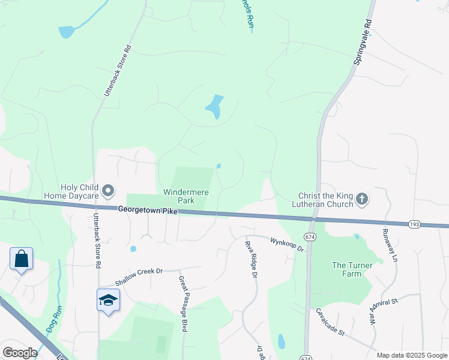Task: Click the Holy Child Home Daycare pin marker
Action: pos(108,191)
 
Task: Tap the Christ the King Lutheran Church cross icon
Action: pos(362,199)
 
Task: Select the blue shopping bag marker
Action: pos(21,259)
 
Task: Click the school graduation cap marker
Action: pos(108,300)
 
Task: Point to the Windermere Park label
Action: pos(187,196)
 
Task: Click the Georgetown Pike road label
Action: pos(148,210)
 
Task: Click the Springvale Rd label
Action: pos(362,41)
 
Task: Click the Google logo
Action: pos(19,353)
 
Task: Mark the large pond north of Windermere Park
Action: pos(214,107)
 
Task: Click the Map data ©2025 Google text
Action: pos(411,355)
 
